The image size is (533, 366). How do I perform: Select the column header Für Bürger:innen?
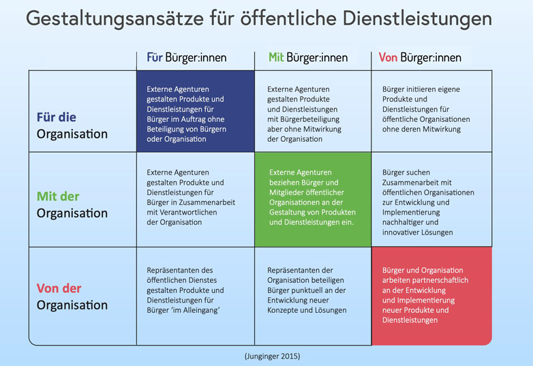click(187, 57)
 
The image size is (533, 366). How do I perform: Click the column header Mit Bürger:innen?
click(308, 57)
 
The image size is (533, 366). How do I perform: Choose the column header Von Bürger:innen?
click(420, 57)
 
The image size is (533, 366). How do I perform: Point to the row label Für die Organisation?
click(72, 125)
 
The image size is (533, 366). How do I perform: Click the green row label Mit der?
click(58, 196)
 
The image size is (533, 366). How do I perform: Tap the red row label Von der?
click(59, 288)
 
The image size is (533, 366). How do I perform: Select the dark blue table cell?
click(196, 111)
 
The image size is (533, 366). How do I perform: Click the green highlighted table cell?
click(313, 199)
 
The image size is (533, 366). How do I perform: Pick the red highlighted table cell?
click(431, 296)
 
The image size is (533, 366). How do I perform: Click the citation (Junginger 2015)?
click(271, 356)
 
